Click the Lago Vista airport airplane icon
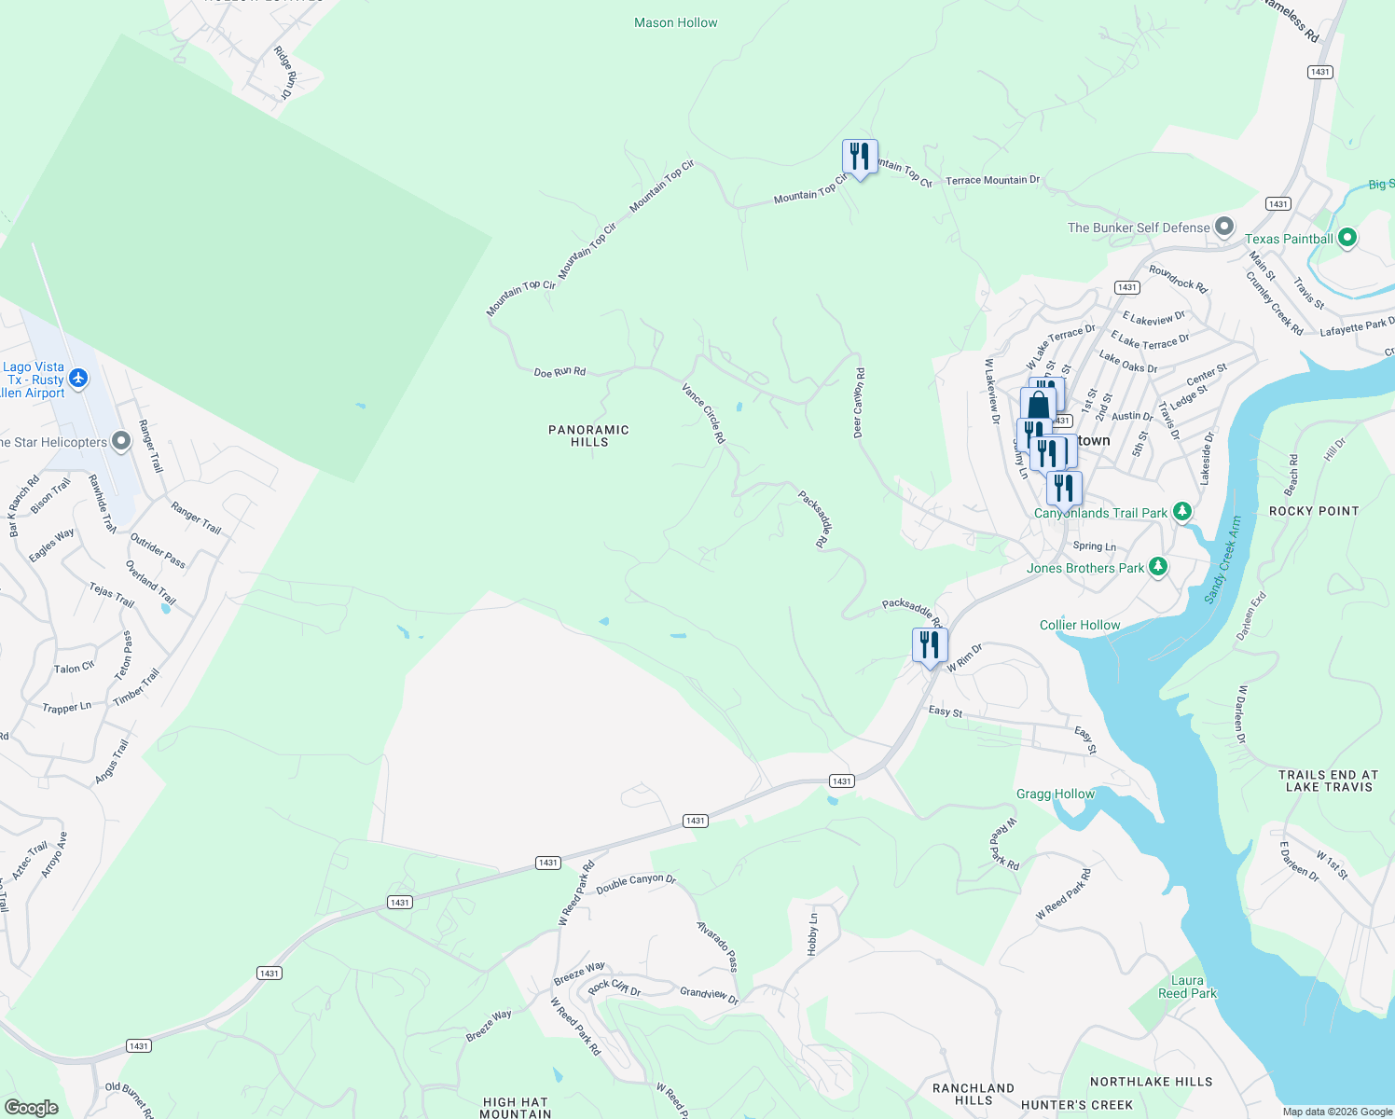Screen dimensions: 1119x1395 point(78,379)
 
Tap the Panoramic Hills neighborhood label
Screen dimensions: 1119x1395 point(588,435)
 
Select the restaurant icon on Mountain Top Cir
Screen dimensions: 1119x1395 point(859,156)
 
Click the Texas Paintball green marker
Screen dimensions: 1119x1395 point(1346,239)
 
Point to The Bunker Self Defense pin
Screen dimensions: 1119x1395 point(1224,228)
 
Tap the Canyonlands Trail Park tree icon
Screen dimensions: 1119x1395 point(1181,512)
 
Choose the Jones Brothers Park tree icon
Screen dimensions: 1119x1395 point(1157,567)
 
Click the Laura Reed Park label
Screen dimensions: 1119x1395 point(1186,987)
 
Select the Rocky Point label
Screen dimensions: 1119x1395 point(1314,511)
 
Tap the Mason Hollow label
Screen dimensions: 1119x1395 point(675,22)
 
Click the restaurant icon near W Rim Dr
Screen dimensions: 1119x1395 point(929,645)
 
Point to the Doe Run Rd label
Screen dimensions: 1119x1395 point(559,372)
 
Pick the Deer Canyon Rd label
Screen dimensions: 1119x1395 point(858,403)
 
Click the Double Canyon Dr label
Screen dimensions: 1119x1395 point(635,883)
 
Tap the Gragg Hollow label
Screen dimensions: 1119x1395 point(1055,794)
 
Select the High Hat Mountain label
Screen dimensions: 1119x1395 point(515,1108)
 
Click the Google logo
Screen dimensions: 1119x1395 point(31,1108)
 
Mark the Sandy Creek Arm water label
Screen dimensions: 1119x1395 point(1223,559)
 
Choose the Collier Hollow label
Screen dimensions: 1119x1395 point(1079,625)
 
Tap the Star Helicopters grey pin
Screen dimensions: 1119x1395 point(121,441)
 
